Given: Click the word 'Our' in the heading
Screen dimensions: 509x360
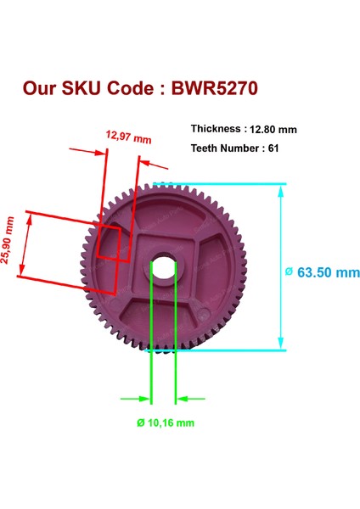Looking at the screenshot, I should point(41,88).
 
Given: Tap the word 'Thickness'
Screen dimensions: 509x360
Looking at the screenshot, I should point(216,129).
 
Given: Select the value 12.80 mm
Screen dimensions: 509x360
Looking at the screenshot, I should point(273,130).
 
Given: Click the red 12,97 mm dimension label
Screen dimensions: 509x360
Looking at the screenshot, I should point(127,135).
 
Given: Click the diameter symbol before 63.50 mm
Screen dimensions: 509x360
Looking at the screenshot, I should point(289,272).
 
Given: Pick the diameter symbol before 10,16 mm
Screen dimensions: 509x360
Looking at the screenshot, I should point(139,422).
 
